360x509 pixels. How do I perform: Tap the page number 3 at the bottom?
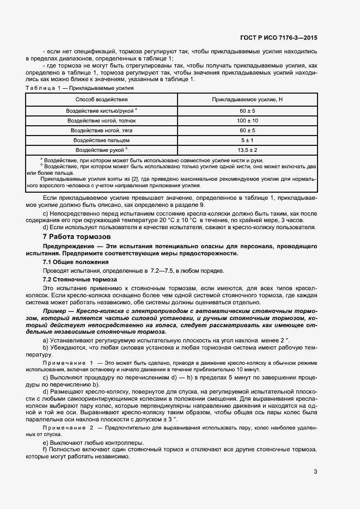coord(315,471)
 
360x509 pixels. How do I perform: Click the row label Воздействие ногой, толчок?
coord(102,120)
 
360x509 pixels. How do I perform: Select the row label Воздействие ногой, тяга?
coord(102,130)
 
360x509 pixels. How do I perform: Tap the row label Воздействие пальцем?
coord(102,140)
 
